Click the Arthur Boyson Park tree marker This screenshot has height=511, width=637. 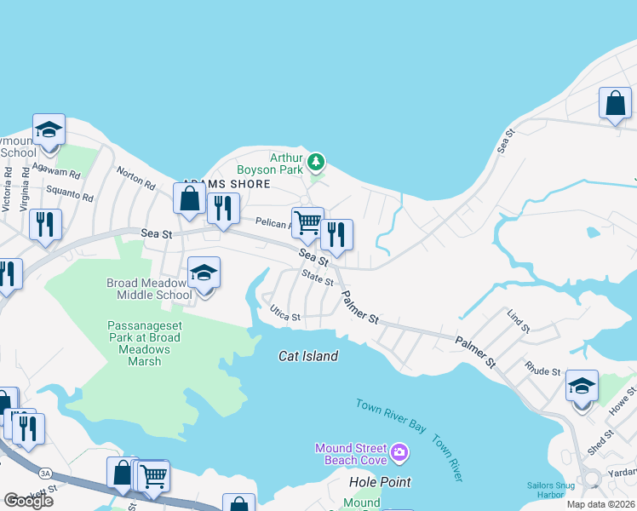coord(316,161)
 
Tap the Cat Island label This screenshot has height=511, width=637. coord(308,356)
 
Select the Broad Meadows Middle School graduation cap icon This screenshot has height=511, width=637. coord(204,273)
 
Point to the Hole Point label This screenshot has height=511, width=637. coord(380,482)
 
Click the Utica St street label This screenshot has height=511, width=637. coord(285,315)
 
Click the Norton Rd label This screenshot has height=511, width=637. coord(136,181)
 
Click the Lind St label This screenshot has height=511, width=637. coord(518,323)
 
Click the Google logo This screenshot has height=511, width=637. coord(28,501)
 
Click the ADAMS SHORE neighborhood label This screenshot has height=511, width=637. coord(226,184)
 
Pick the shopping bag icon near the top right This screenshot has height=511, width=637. coord(615,104)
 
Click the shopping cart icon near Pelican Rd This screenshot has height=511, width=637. coord(307,223)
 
